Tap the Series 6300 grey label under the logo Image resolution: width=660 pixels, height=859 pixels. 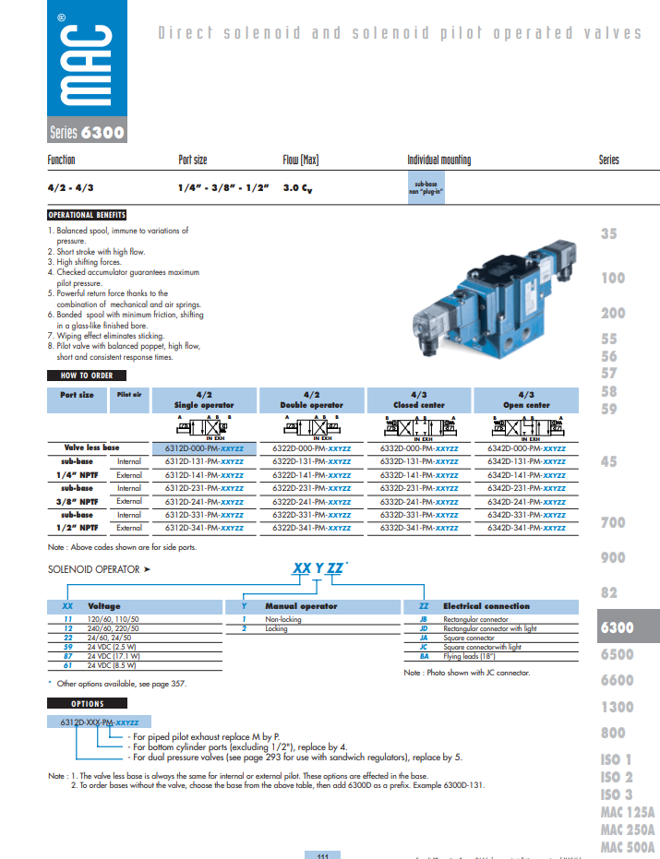(x=86, y=133)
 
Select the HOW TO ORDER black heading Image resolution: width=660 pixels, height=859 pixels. (x=87, y=376)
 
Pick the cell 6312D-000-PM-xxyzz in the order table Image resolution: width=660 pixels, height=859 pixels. (x=204, y=447)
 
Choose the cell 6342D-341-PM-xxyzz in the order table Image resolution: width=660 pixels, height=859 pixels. (x=526, y=528)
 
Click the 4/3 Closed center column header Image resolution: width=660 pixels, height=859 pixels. (x=419, y=400)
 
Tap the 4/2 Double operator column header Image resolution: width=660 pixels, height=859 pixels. (x=311, y=400)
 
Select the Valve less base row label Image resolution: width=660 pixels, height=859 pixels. (x=91, y=447)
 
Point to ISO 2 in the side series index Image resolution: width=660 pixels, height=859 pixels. (x=617, y=777)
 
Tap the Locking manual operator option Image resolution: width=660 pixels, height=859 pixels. (x=277, y=627)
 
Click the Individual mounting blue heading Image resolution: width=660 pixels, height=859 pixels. (x=438, y=161)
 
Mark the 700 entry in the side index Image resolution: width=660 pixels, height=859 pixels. (x=613, y=522)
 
